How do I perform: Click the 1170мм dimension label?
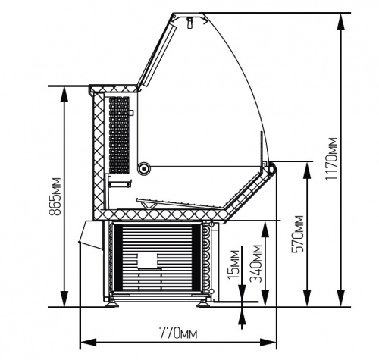click(331, 158)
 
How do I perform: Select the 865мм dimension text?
click(55, 196)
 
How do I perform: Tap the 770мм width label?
click(178, 333)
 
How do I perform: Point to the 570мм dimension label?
click(297, 233)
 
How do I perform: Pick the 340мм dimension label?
click(255, 264)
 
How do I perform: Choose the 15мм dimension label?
click(233, 265)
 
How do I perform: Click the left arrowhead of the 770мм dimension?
click(89, 343)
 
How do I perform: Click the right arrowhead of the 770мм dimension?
click(268, 343)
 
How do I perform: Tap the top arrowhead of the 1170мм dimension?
click(341, 23)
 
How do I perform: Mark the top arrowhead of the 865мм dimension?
click(64, 95)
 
